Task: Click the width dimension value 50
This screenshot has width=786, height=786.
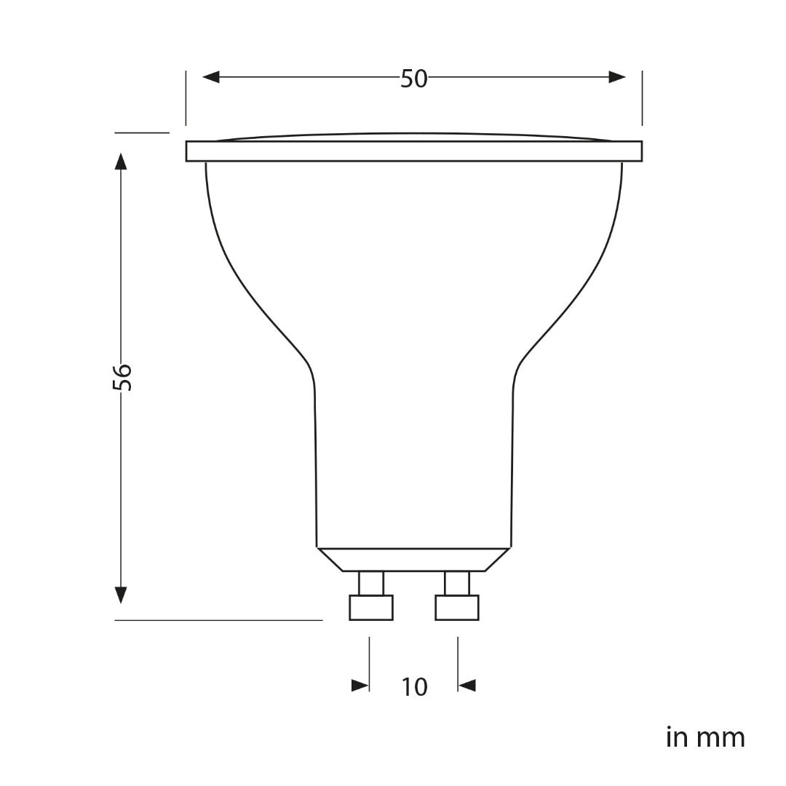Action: tap(413, 79)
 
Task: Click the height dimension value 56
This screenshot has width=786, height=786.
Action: tap(123, 376)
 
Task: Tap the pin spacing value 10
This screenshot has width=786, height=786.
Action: tap(414, 686)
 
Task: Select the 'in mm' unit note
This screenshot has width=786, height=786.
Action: tap(705, 737)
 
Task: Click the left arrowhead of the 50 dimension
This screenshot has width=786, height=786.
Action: tap(211, 77)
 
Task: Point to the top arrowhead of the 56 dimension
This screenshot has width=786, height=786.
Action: tap(122, 161)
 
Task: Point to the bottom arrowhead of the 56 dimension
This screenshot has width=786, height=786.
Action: tap(122, 594)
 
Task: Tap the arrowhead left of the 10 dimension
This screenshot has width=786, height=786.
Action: tap(360, 686)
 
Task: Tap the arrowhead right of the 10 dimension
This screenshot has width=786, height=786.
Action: tap(467, 686)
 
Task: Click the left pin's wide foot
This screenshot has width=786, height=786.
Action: tap(371, 608)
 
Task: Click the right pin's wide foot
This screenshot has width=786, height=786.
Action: tap(457, 608)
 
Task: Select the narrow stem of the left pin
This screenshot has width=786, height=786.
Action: tap(371, 583)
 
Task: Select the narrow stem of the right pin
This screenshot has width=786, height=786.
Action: tap(457, 583)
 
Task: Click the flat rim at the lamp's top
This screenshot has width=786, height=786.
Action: tap(413, 151)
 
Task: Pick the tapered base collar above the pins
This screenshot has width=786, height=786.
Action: tap(413, 559)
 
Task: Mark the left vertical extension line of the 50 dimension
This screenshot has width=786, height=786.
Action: tap(186, 98)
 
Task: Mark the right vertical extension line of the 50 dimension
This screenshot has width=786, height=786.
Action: tap(642, 98)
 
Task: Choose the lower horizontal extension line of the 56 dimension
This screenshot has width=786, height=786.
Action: tap(218, 620)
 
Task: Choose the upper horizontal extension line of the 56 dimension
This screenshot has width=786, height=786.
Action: tap(142, 132)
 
